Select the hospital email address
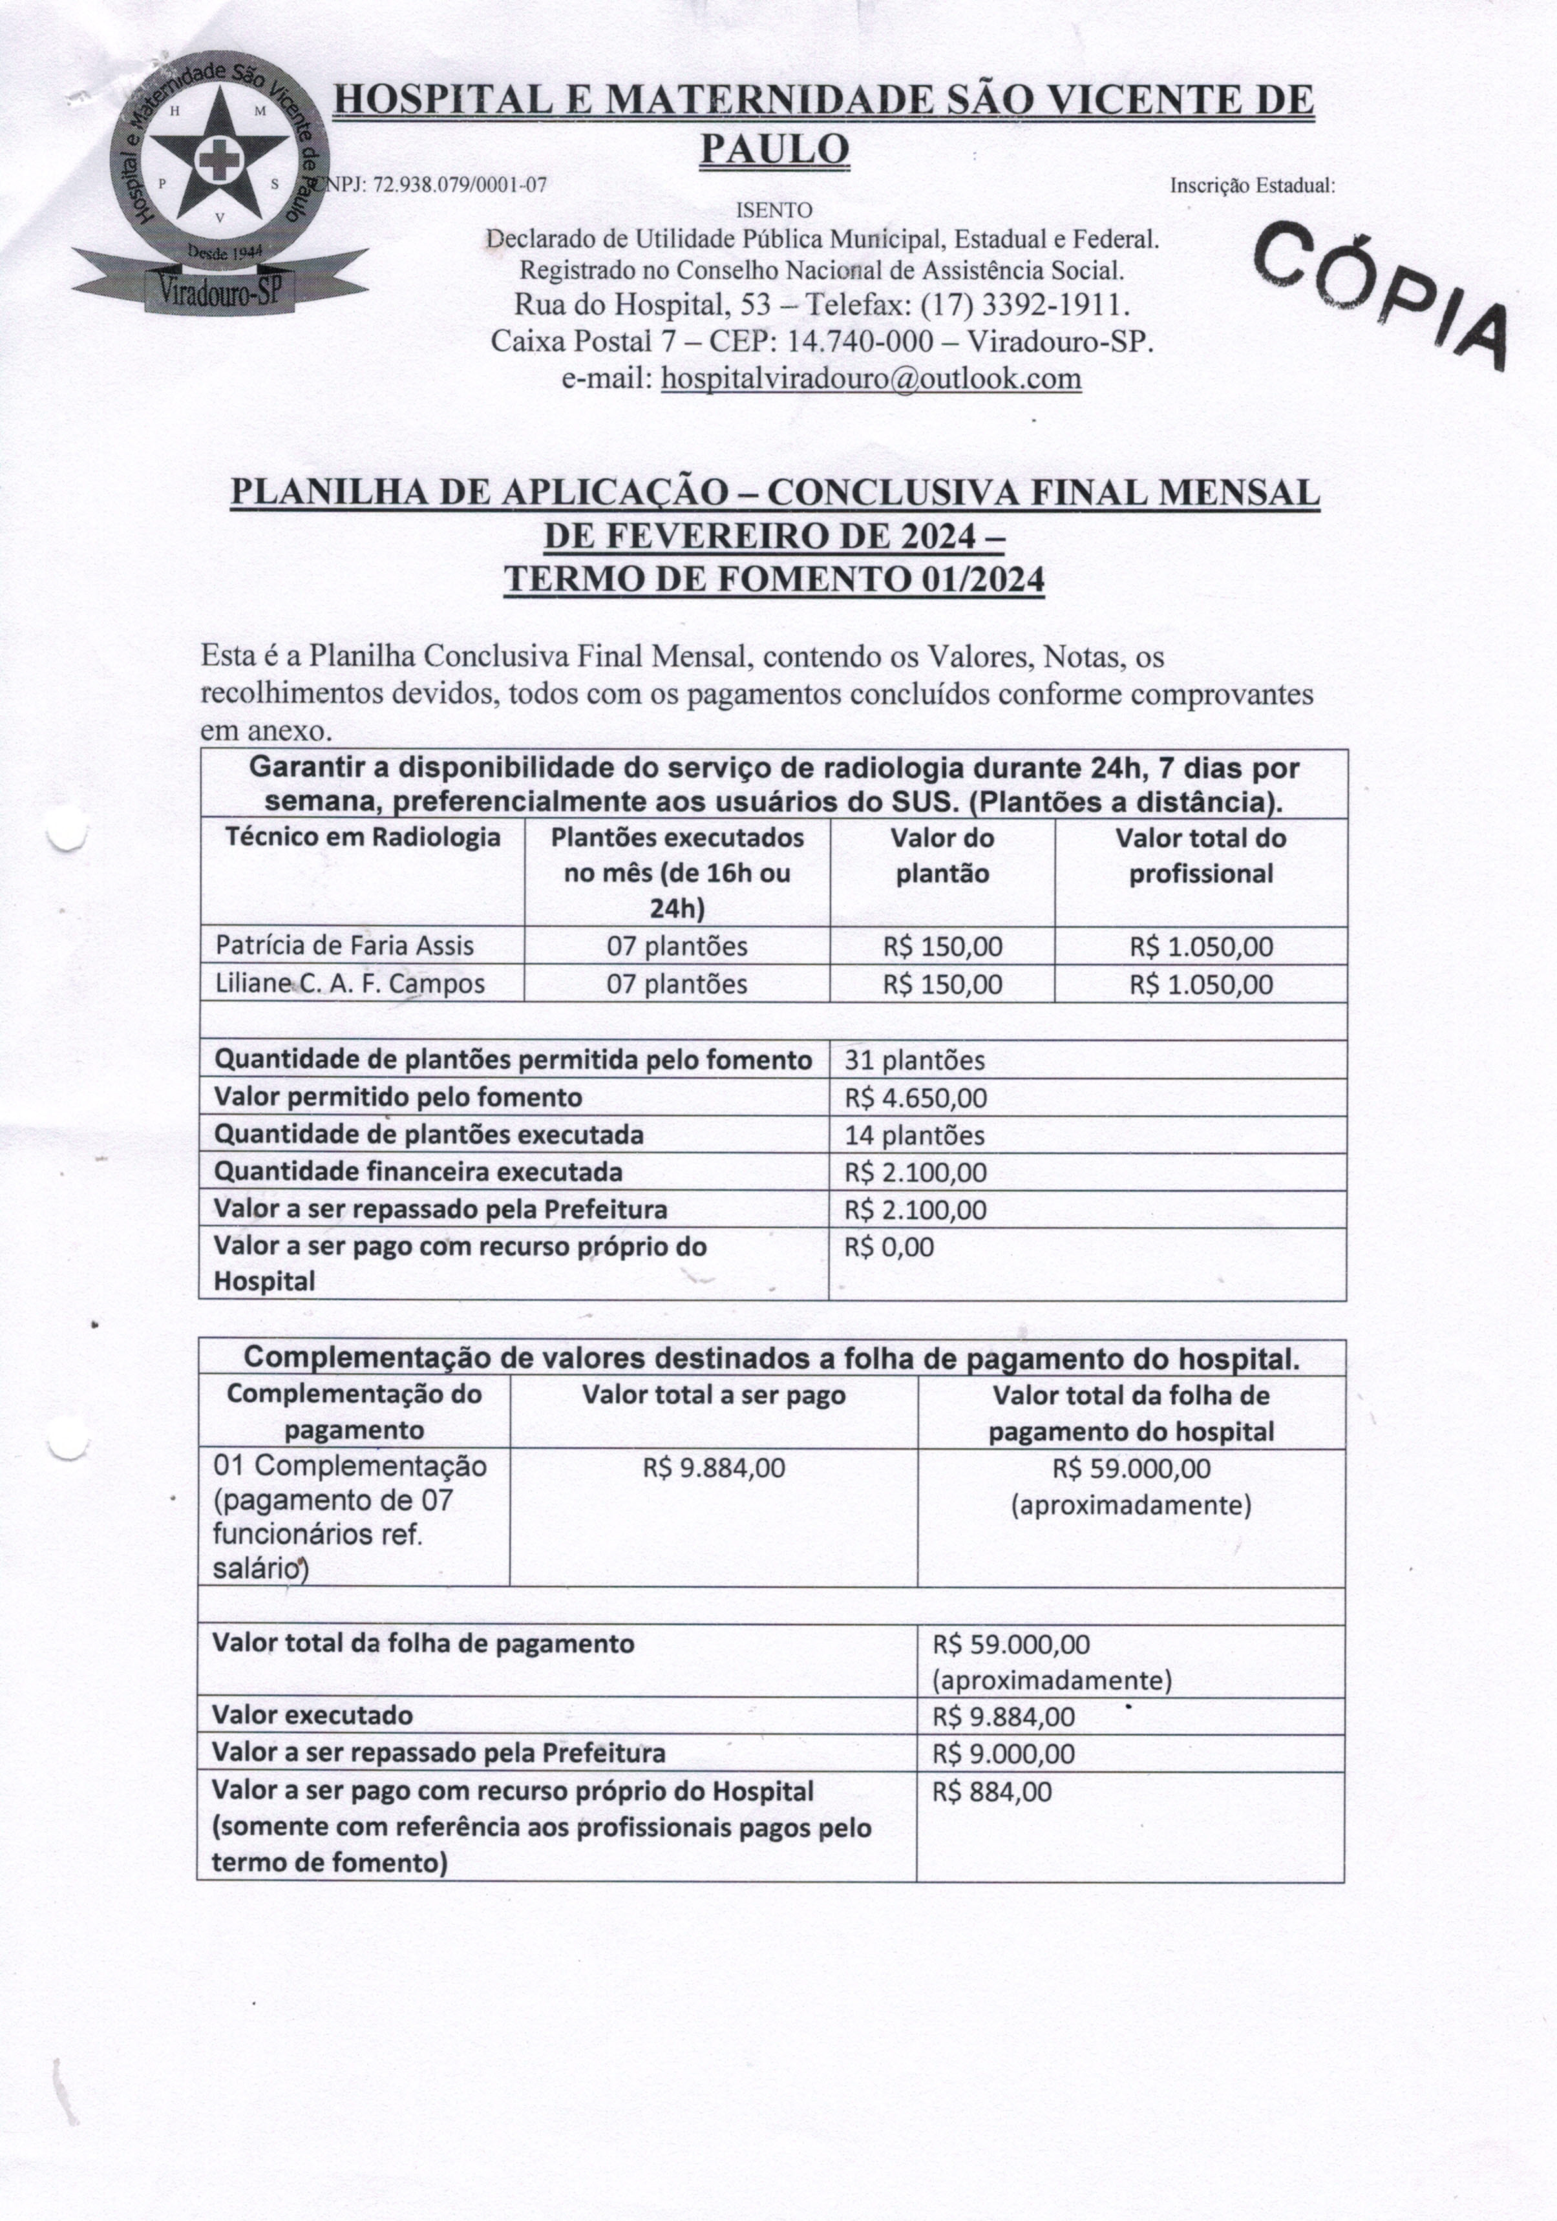tap(870, 378)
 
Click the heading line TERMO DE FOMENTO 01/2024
tap(774, 580)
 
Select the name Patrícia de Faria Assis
tap(344, 945)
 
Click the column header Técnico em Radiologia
tap(363, 837)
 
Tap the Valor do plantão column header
tap(942, 856)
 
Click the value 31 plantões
tap(915, 1060)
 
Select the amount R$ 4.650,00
tap(915, 1098)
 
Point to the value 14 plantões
tap(915, 1135)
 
